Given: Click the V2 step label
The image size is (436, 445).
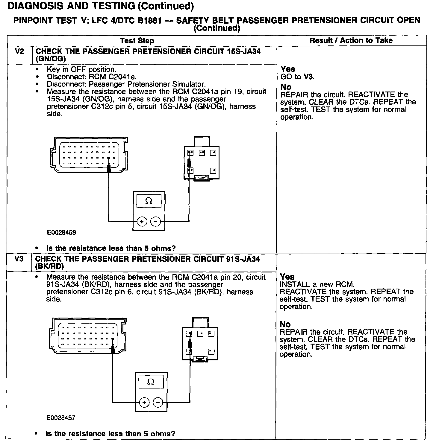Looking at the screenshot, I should point(19,51).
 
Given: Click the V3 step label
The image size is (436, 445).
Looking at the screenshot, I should point(19,259).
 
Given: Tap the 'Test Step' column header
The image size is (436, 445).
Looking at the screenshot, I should point(137,41).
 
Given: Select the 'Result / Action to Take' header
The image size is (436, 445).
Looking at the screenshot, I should point(351,40).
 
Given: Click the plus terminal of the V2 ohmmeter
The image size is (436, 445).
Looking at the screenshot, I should point(141,222).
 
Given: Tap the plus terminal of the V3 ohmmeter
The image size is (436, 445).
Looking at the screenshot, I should point(144,402).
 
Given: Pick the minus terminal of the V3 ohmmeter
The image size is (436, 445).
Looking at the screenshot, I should point(158,402).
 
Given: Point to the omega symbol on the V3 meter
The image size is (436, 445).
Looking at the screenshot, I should point(151,382).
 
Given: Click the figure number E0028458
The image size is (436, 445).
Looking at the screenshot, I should point(61,232).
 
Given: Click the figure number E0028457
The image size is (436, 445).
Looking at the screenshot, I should point(61,417).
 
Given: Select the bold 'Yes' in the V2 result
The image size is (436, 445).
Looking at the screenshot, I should point(288,69).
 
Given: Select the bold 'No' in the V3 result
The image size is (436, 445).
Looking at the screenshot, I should point(285,324).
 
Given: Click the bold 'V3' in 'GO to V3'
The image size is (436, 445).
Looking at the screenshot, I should point(308,77).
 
